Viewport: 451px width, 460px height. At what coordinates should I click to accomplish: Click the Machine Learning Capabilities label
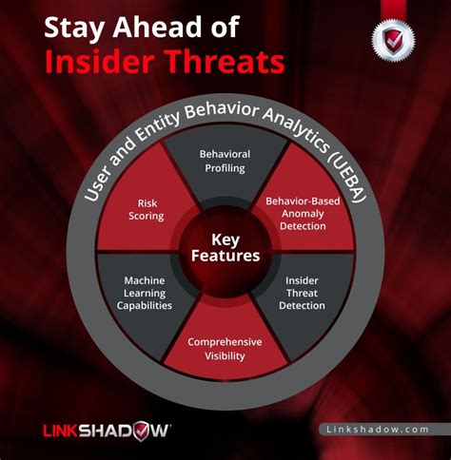[147, 294]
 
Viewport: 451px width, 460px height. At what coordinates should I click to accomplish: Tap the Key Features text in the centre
[225, 249]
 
